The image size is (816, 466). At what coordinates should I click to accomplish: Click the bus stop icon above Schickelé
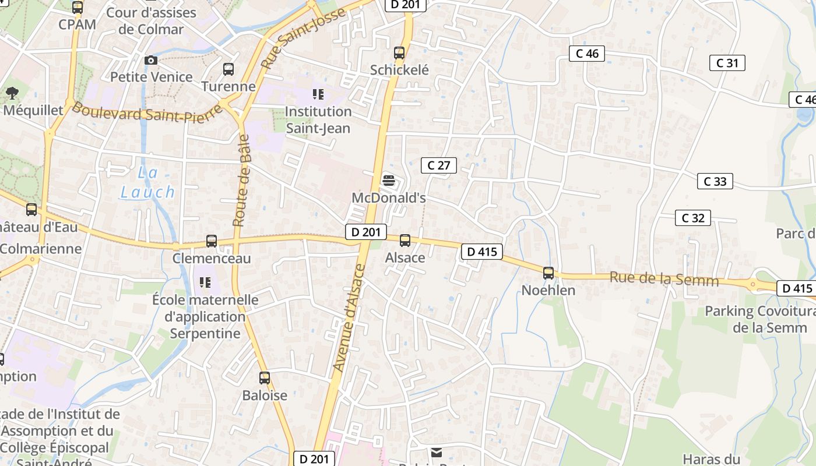[399, 53]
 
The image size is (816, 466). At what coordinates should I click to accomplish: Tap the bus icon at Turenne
[228, 69]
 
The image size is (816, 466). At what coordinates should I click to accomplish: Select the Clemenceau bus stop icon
[212, 241]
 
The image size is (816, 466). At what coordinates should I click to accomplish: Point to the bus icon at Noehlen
[548, 273]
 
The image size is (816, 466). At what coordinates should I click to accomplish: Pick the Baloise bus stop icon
[265, 378]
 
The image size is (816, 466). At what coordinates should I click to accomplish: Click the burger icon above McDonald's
[389, 181]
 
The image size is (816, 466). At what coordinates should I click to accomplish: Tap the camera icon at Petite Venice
[151, 60]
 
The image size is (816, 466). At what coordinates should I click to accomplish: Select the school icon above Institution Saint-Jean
[318, 94]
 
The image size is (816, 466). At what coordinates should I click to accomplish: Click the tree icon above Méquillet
[12, 93]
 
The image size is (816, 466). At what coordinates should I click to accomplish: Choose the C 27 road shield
[438, 165]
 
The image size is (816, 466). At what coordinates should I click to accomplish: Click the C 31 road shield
[727, 63]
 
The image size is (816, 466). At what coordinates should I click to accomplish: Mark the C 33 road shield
[715, 181]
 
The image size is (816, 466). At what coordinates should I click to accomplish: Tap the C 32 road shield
[692, 218]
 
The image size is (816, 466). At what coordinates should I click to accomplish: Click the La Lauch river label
[147, 182]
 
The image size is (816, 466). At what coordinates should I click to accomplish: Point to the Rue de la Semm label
[664, 279]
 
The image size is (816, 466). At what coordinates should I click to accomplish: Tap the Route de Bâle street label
[242, 181]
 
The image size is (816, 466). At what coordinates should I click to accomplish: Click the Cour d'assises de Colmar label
[150, 20]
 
